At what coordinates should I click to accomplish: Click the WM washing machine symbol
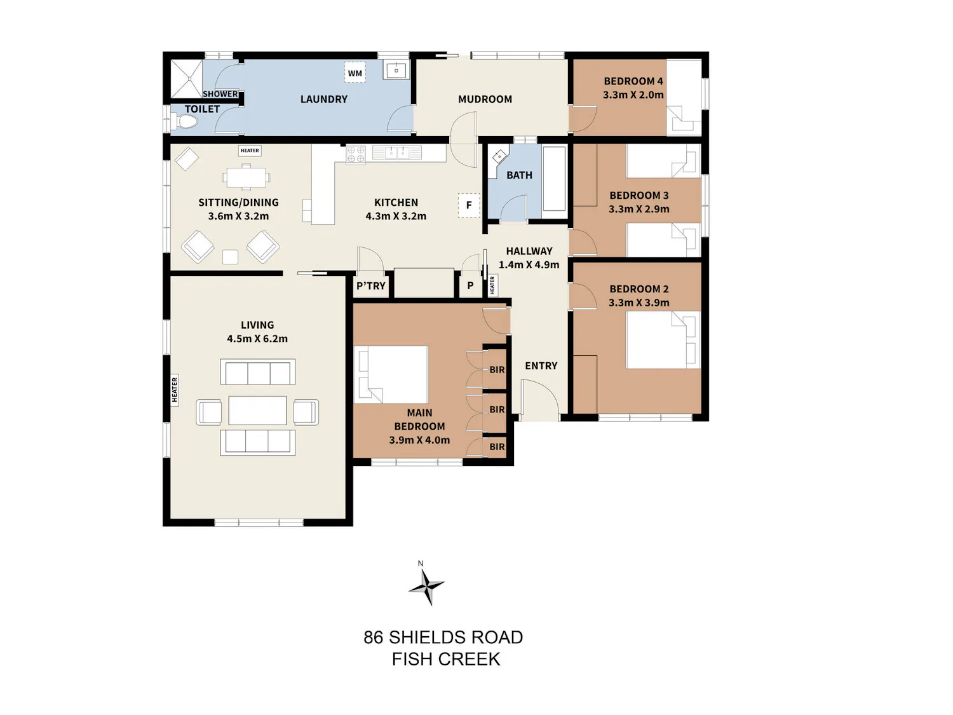pyautogui.click(x=355, y=72)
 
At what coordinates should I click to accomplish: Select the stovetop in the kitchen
pyautogui.click(x=355, y=154)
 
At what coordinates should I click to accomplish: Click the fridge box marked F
pyautogui.click(x=469, y=205)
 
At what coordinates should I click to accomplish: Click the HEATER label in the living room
pyautogui.click(x=175, y=390)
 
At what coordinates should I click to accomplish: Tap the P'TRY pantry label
pyautogui.click(x=371, y=286)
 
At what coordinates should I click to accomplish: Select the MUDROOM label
pyautogui.click(x=485, y=99)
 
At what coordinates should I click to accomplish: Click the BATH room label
pyautogui.click(x=519, y=175)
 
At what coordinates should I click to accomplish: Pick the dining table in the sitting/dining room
pyautogui.click(x=246, y=177)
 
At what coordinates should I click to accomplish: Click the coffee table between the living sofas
pyautogui.click(x=257, y=410)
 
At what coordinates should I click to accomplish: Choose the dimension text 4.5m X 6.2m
pyautogui.click(x=257, y=339)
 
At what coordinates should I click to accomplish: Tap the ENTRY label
pyautogui.click(x=541, y=366)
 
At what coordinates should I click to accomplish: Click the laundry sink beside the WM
pyautogui.click(x=396, y=70)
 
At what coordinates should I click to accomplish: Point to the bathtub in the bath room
pyautogui.click(x=555, y=182)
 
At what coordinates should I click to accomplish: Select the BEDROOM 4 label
pyautogui.click(x=633, y=81)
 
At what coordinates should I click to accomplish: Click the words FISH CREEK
pyautogui.click(x=446, y=659)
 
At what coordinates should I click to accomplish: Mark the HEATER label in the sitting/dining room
pyautogui.click(x=250, y=151)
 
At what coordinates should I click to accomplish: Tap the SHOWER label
pyautogui.click(x=220, y=94)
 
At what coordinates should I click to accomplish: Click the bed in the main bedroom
pyautogui.click(x=391, y=374)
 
